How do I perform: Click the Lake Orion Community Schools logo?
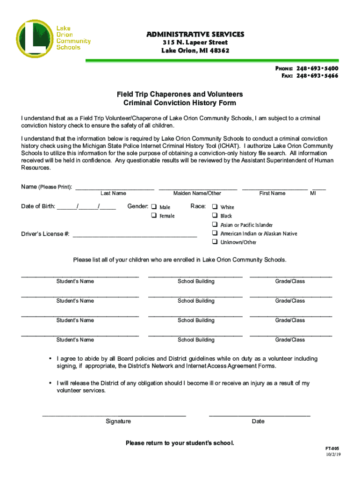click(x=54, y=38)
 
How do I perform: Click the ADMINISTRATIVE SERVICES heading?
click(x=195, y=34)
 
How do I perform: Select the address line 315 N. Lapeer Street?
click(x=195, y=43)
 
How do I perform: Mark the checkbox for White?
click(x=215, y=207)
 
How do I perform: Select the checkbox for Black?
click(x=215, y=216)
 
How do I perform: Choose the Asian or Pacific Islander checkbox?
click(x=215, y=225)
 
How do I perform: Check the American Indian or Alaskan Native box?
click(x=215, y=233)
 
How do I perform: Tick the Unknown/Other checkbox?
click(x=215, y=242)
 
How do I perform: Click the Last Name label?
click(x=113, y=193)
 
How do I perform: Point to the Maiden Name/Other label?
click(x=197, y=193)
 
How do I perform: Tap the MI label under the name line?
click(x=313, y=193)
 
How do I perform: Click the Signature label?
click(x=118, y=421)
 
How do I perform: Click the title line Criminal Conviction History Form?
click(x=180, y=103)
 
